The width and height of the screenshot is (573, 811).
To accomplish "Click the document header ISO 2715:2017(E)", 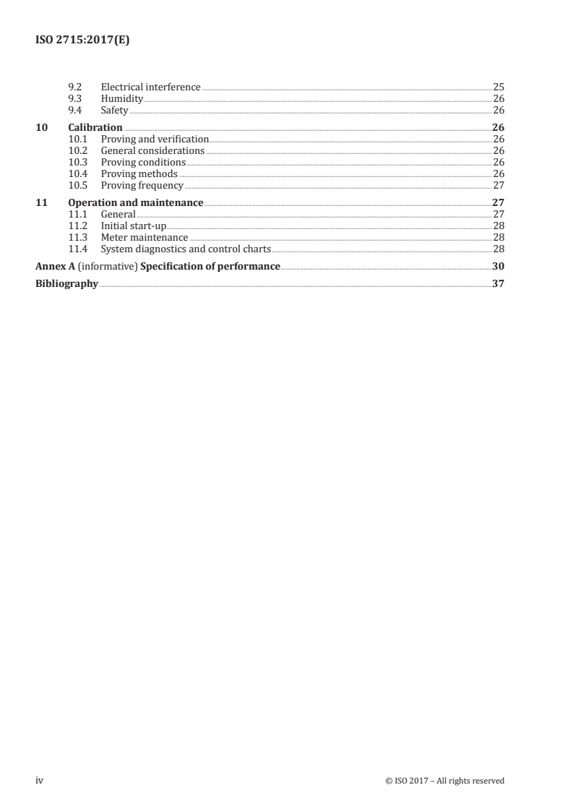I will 82,40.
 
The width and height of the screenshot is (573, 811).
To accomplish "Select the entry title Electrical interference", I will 150,87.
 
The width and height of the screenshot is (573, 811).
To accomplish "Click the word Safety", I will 114,111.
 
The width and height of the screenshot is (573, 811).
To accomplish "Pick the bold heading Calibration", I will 95,128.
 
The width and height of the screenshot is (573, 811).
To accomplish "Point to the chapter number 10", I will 41,128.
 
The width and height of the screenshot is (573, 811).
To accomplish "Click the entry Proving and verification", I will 155,140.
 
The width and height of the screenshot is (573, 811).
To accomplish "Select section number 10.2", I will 77,151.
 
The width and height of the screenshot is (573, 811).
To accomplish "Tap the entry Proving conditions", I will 143,163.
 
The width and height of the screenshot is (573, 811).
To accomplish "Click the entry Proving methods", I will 139,174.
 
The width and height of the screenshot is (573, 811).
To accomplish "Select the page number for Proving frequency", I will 498,186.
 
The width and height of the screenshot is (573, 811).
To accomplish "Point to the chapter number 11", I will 41,203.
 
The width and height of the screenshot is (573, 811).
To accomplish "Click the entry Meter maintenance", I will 144,238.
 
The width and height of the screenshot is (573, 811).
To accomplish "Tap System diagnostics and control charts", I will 186,249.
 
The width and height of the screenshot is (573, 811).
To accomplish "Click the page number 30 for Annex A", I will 498,267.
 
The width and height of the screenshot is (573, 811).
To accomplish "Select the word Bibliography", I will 66,284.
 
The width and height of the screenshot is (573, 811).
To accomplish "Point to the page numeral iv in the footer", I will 40,781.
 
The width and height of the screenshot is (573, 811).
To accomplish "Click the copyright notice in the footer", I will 445,781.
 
